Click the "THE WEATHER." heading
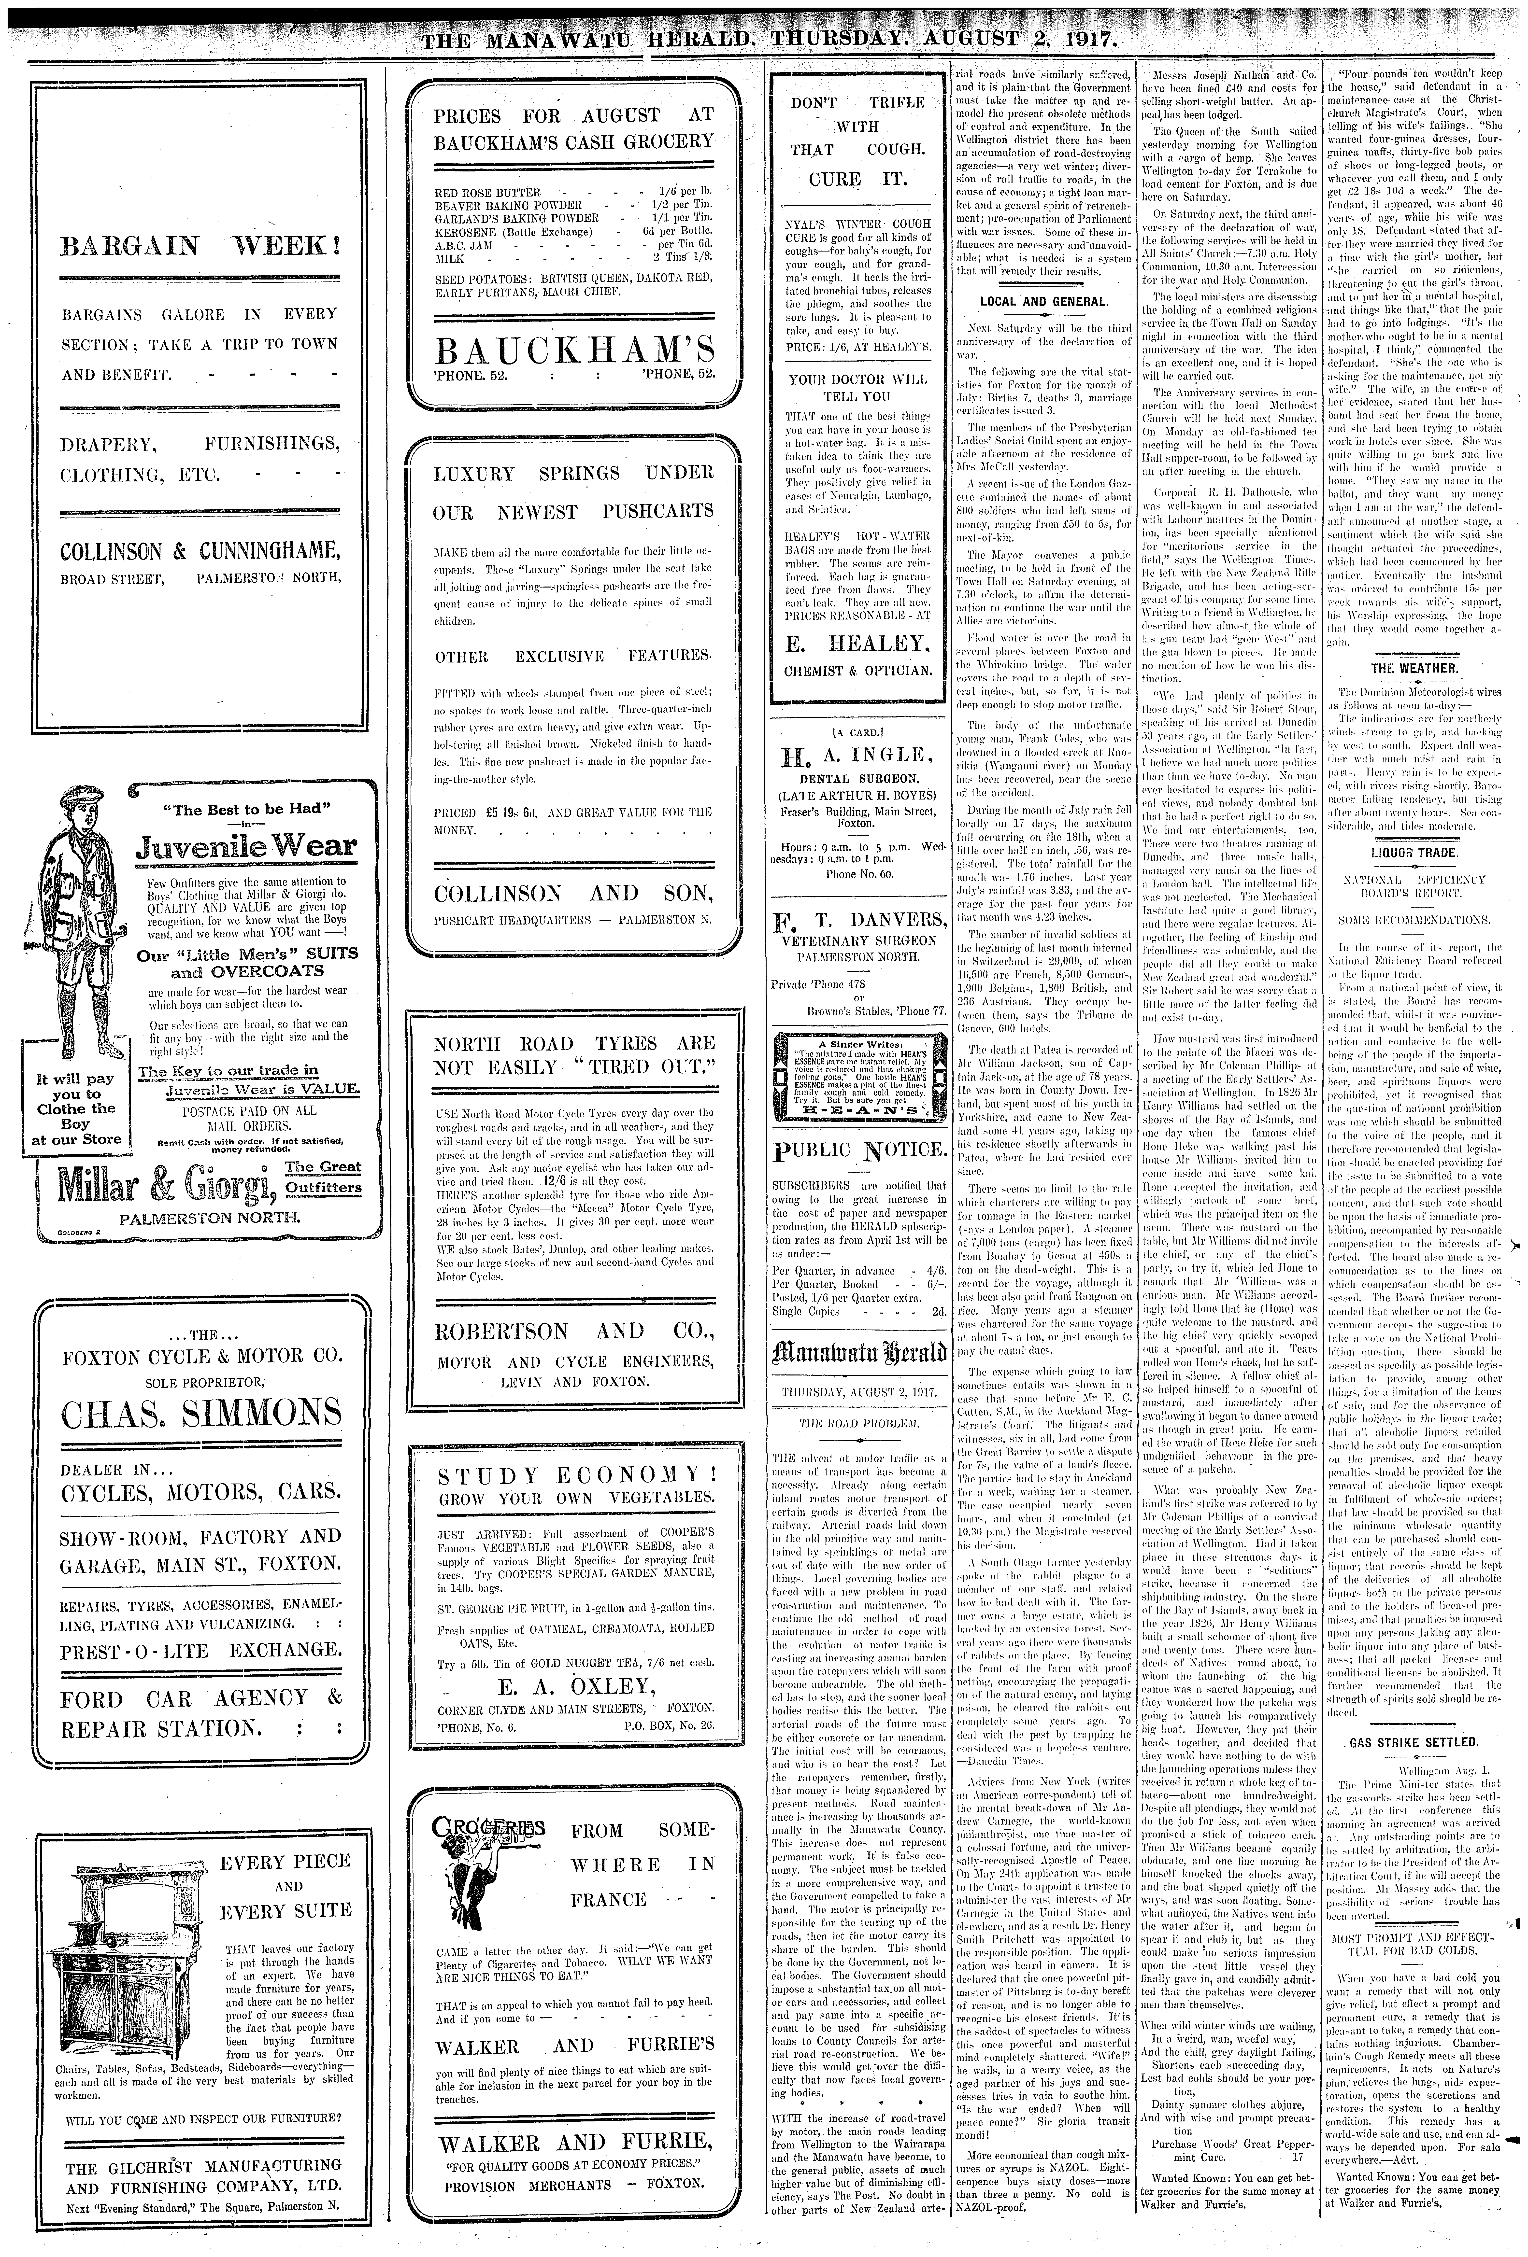tap(1413, 668)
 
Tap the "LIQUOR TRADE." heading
tap(1413, 853)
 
